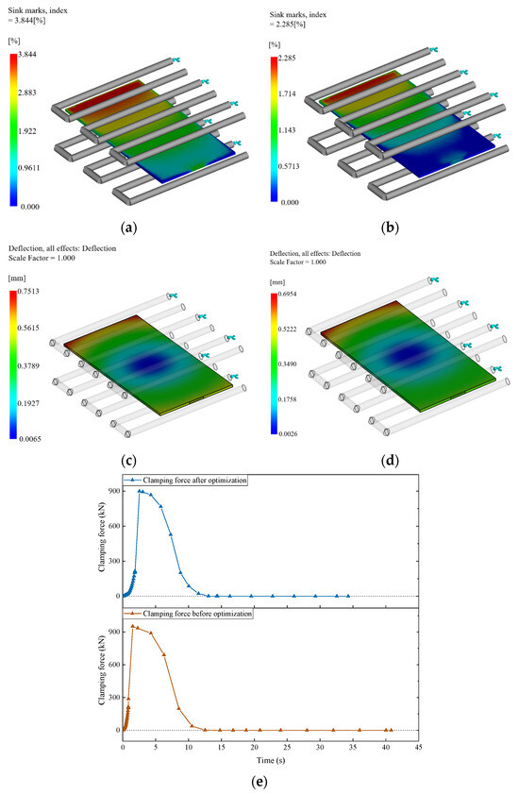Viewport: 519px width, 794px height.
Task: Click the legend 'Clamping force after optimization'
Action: coord(199,481)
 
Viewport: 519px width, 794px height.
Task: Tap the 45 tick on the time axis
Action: coord(417,746)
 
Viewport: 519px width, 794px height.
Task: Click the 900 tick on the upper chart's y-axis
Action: coord(112,491)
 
